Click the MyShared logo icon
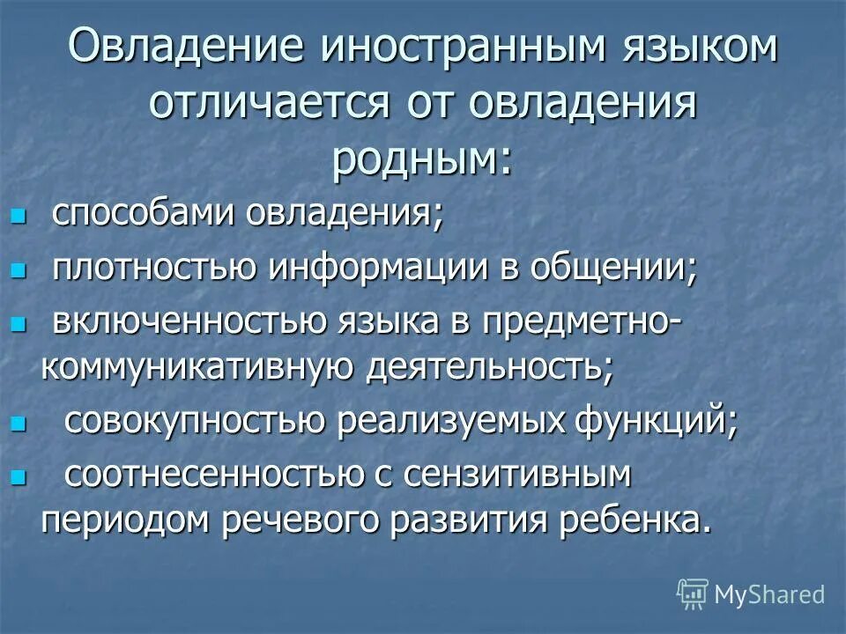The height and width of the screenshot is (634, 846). coord(693,594)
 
